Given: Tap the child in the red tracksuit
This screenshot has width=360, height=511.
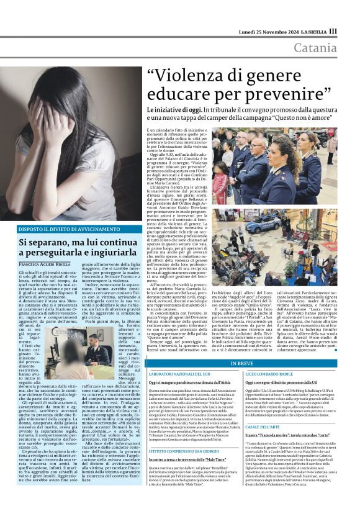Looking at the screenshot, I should click(x=222, y=180).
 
